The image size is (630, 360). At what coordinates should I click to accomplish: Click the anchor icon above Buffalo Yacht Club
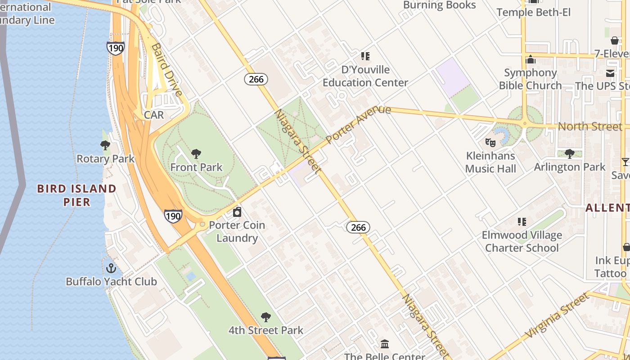point(111,268)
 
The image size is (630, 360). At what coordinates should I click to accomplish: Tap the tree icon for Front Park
point(196,154)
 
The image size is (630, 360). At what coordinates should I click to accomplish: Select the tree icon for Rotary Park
point(105,145)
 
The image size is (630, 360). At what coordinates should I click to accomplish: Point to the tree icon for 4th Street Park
point(266,317)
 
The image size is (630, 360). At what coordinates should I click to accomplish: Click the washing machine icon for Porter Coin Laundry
point(237,211)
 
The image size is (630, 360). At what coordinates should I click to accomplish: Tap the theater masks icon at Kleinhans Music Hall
point(490,143)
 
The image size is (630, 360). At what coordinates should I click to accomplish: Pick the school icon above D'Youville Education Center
point(365,56)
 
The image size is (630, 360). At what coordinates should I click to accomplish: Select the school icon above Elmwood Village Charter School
point(522,221)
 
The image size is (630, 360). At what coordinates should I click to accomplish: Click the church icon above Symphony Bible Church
point(531,59)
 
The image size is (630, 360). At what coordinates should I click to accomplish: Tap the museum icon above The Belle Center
point(385,344)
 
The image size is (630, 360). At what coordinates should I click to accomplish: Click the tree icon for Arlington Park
point(569,153)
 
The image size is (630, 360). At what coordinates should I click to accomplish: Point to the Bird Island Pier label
point(76,195)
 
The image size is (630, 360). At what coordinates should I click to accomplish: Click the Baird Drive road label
point(166,70)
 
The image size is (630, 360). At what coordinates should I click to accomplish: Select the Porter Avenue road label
point(358,124)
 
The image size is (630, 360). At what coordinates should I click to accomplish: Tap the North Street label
point(590,126)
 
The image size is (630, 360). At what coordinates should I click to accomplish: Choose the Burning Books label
point(439,5)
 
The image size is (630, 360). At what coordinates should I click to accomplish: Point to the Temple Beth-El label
point(533,12)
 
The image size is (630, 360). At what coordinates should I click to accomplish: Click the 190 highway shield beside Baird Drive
point(116,48)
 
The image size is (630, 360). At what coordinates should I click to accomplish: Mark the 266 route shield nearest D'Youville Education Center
point(256,79)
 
